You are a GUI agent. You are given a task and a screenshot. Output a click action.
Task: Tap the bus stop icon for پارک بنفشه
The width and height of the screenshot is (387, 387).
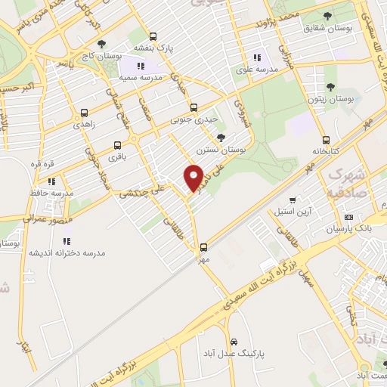153,36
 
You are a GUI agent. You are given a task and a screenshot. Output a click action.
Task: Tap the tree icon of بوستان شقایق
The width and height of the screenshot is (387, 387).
327,16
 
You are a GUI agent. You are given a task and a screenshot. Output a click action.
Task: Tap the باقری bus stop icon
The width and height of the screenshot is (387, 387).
117,145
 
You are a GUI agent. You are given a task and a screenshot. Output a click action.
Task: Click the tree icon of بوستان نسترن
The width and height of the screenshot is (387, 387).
220,138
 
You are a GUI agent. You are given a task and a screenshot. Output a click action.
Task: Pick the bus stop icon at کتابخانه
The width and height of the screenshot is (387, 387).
326,140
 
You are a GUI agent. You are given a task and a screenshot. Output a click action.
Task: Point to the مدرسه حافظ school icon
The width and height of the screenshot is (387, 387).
51,181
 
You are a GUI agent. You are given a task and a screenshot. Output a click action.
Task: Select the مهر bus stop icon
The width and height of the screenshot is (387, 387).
203,246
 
